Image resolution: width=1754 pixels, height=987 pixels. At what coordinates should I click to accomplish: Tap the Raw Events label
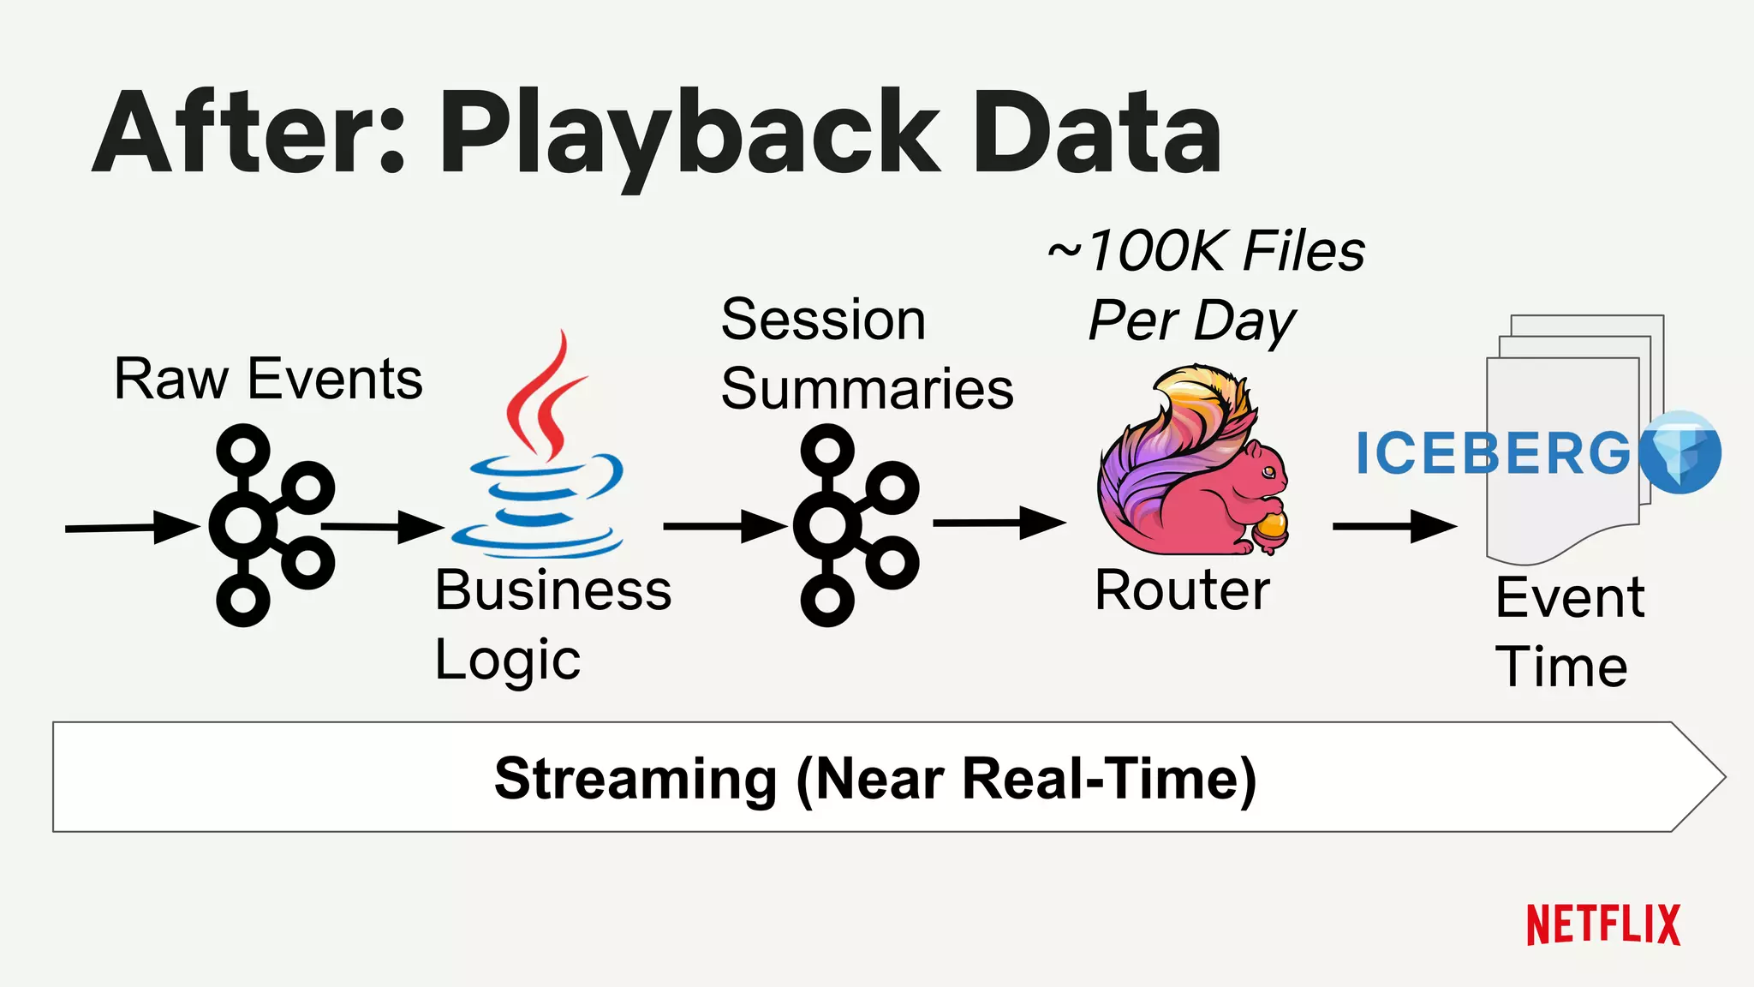pos(268,379)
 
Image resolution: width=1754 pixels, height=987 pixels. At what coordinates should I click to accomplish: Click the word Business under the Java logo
pos(552,590)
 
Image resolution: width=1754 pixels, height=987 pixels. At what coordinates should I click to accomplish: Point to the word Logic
pos(507,661)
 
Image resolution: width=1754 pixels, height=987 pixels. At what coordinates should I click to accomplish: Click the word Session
pos(823,320)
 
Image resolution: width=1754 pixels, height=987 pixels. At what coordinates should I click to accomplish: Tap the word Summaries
pos(867,389)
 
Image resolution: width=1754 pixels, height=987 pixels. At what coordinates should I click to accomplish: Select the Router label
pos(1182,590)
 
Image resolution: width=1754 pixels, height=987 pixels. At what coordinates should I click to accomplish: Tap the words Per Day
pos(1191,321)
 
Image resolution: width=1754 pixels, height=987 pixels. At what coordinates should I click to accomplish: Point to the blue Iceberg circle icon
pos(1679,452)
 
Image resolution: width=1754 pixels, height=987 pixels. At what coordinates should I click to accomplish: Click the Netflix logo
pos(1603,925)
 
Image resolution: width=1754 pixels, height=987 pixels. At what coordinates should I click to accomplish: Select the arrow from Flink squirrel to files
pos(1393,526)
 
